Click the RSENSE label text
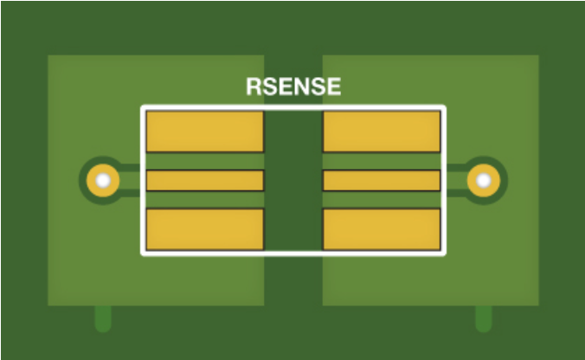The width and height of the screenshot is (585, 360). (293, 87)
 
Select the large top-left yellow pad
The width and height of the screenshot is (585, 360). (204, 132)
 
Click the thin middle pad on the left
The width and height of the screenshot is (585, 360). (204, 180)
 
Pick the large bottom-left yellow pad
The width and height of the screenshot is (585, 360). (204, 229)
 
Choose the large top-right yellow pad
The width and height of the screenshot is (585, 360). (382, 132)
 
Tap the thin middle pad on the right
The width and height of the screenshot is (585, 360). (382, 180)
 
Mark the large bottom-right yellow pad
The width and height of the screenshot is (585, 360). (382, 229)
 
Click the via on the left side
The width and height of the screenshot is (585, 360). (103, 181)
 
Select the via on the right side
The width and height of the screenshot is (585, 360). (484, 181)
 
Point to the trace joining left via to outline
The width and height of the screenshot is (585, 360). (131, 181)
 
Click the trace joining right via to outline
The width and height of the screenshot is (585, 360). (456, 181)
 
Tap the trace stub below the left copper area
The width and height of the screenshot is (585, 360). (103, 318)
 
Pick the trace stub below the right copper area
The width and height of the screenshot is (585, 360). (484, 318)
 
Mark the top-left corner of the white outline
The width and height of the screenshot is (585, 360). (143, 107)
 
